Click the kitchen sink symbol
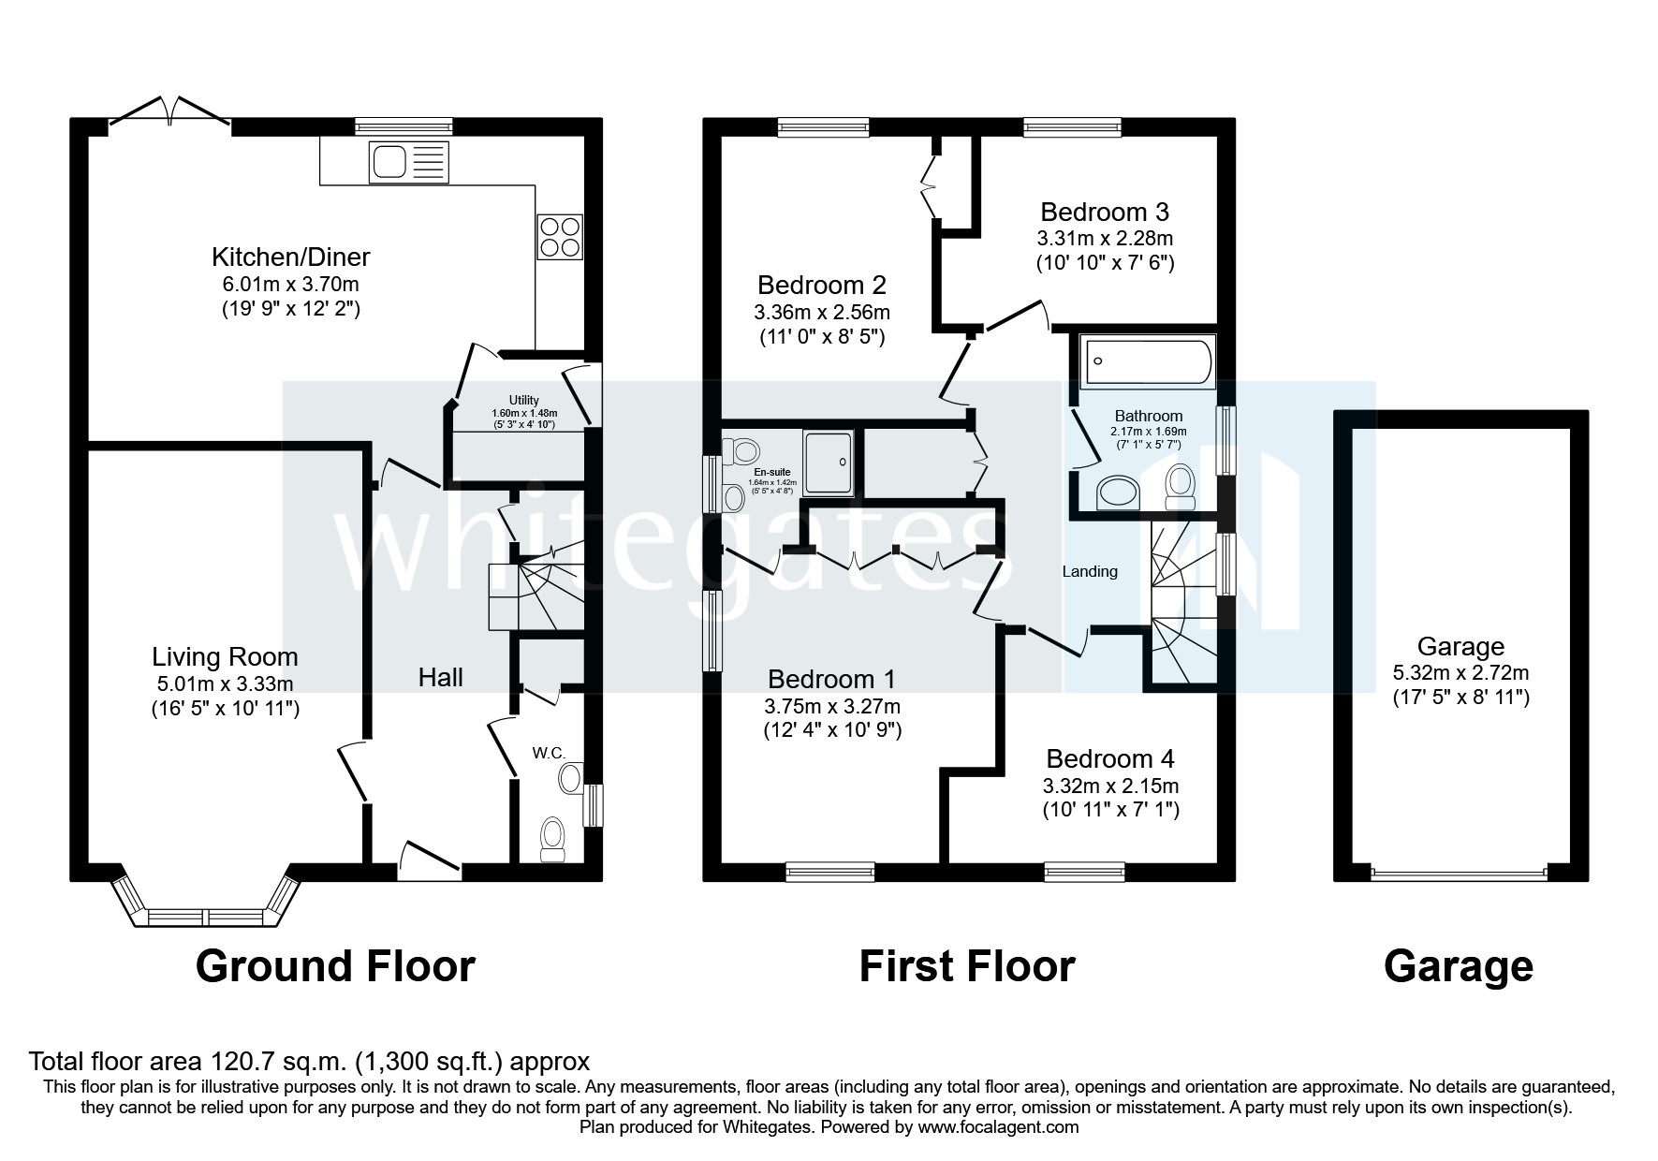(408, 161)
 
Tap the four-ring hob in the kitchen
(559, 236)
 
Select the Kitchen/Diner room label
(290, 257)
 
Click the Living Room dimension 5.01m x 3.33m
(225, 684)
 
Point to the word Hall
(440, 677)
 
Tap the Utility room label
(524, 400)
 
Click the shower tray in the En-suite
(829, 462)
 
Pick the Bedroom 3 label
(1105, 213)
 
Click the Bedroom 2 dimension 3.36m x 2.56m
(821, 312)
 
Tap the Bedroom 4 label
(1110, 758)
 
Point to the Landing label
(1090, 571)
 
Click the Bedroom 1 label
(831, 680)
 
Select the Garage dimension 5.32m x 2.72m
(1460, 672)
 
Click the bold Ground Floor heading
(335, 966)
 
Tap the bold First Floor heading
(967, 966)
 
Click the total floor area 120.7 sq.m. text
(309, 1062)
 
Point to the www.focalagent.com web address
(998, 1127)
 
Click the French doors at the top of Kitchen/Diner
(169, 112)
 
